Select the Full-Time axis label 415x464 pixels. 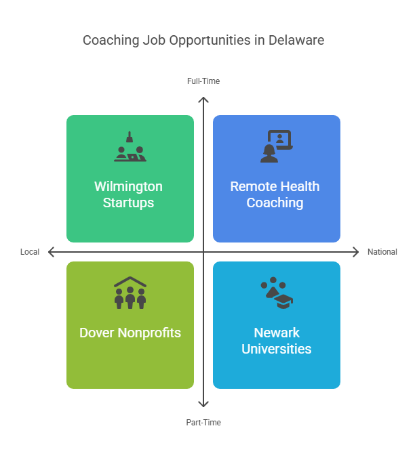[203, 81]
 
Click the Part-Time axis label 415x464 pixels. [203, 423]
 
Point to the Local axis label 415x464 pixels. [30, 252]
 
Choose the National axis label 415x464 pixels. [382, 252]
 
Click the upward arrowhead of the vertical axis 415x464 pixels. [203, 100]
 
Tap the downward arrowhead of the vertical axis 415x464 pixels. [203, 404]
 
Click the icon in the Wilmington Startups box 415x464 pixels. [130, 147]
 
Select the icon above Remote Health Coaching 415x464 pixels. [276, 146]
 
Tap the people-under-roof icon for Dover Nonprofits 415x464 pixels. [130, 293]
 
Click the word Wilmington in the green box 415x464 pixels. [128, 186]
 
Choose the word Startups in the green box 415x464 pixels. [128, 203]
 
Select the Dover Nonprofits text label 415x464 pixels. [130, 333]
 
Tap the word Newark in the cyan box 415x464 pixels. [277, 333]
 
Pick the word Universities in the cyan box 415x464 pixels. [277, 349]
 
